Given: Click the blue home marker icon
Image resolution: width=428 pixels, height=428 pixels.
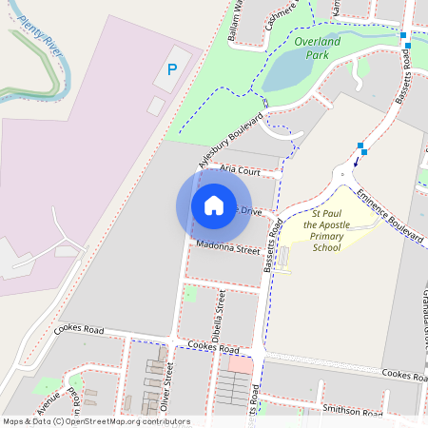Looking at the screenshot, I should [214, 205].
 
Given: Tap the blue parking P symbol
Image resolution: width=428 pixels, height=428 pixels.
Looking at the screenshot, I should [172, 68].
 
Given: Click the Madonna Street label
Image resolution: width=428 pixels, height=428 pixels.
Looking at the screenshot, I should [227, 249].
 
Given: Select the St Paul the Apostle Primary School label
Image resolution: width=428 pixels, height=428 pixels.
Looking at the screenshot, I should [325, 232].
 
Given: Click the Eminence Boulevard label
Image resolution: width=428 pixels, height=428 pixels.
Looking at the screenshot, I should [390, 226].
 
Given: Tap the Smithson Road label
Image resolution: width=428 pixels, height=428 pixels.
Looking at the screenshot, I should [351, 412].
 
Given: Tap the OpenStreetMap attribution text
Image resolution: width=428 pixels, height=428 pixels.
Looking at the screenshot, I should [95, 421].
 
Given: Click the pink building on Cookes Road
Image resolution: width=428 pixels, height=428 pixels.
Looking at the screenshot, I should [242, 365].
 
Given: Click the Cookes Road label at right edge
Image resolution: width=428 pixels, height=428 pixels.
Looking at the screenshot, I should [404, 375].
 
